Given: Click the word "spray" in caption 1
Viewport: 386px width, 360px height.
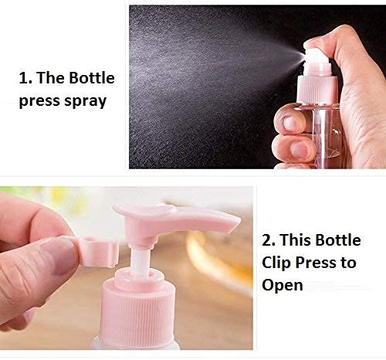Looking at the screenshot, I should pyautogui.click(x=84, y=101).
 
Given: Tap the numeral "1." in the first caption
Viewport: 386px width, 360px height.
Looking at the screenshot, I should pyautogui.click(x=26, y=79).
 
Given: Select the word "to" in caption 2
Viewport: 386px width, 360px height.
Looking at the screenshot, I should pyautogui.click(x=348, y=263).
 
